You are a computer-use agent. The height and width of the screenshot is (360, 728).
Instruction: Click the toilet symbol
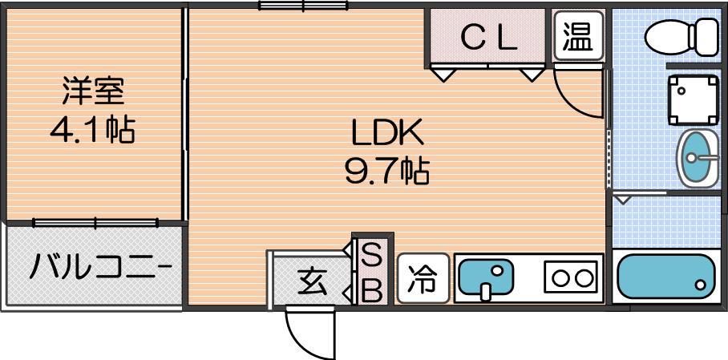[681, 37]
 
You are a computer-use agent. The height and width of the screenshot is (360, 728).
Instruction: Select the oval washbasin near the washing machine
[698, 158]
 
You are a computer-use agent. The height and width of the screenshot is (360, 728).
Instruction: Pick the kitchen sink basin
[486, 278]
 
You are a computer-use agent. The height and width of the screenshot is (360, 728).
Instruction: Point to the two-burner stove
[571, 277]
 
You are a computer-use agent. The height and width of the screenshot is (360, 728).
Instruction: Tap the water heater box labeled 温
[579, 36]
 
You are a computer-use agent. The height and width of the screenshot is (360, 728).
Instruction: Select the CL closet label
[489, 39]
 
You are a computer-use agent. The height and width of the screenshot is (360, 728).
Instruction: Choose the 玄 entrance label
[313, 281]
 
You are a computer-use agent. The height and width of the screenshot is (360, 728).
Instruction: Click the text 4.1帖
[92, 130]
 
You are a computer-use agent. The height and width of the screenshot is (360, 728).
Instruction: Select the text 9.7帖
[386, 171]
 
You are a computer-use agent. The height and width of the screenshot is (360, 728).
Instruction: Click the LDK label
[388, 132]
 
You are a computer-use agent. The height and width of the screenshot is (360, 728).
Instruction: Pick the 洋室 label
[93, 91]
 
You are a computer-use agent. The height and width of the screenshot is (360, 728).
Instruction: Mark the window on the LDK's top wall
[303, 6]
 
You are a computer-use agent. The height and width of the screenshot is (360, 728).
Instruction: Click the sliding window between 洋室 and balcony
[95, 223]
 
